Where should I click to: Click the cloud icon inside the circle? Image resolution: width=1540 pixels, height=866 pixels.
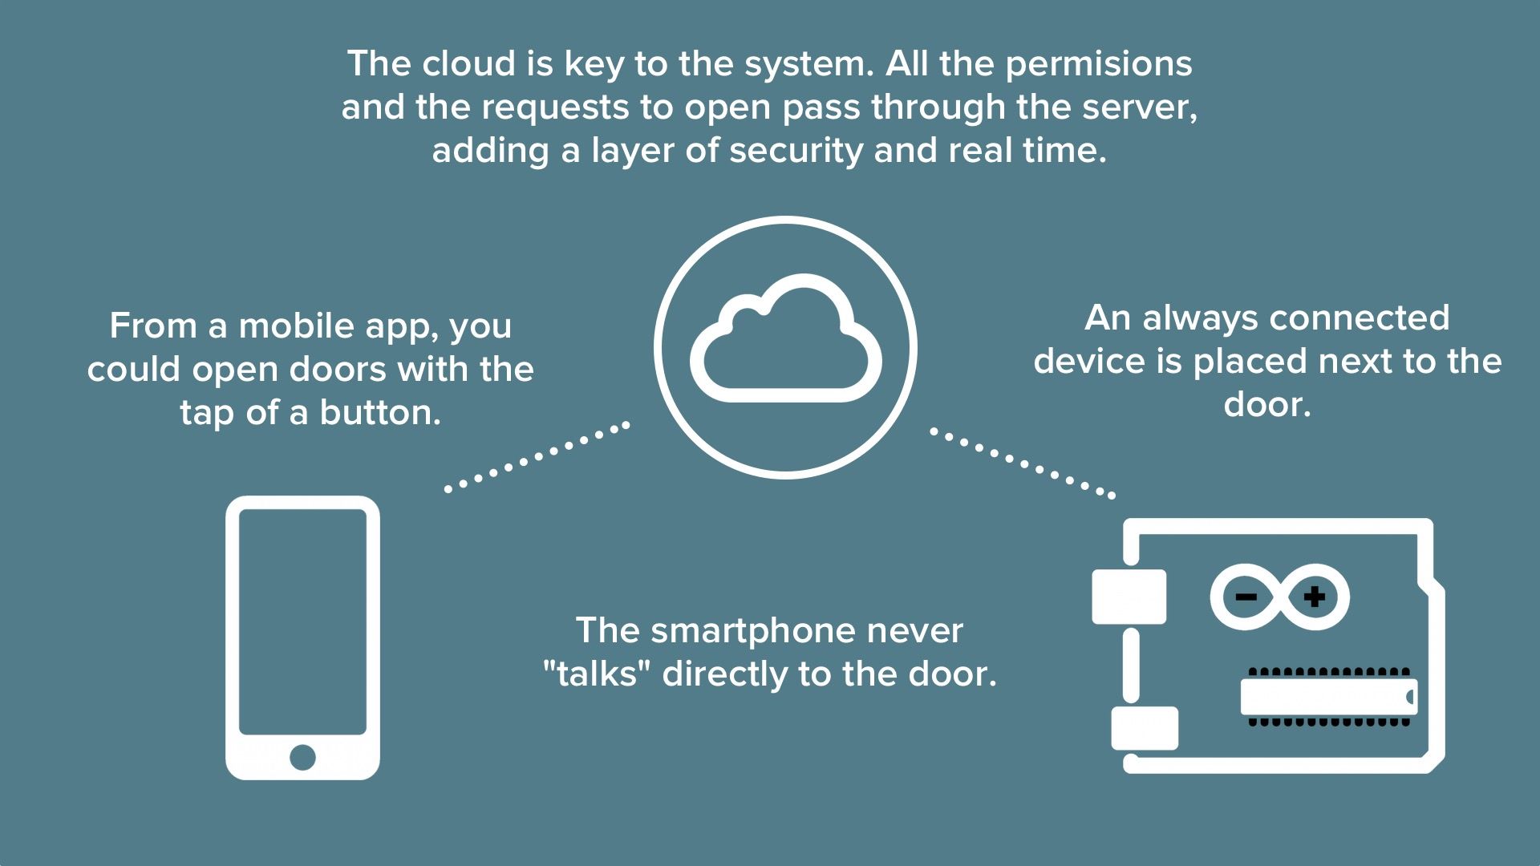click(x=785, y=341)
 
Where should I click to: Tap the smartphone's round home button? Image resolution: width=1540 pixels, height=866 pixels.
click(x=302, y=756)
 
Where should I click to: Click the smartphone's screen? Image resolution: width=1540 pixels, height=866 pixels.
click(x=302, y=621)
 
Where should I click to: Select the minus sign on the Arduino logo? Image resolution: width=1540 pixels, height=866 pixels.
click(x=1246, y=597)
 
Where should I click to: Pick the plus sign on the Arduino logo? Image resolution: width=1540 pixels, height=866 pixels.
click(x=1314, y=597)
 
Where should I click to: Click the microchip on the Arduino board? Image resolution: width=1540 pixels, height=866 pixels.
click(x=1328, y=697)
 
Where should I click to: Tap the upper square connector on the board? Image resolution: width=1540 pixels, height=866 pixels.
click(x=1129, y=597)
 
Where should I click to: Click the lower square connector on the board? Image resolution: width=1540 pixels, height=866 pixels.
click(x=1145, y=728)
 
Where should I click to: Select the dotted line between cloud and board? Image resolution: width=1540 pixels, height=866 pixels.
click(x=1023, y=463)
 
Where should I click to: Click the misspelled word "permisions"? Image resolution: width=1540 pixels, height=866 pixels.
click(x=1099, y=64)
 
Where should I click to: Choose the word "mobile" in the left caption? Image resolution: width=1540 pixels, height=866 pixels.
click(x=296, y=326)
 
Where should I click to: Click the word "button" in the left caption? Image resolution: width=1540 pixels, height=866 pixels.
click(x=380, y=413)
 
